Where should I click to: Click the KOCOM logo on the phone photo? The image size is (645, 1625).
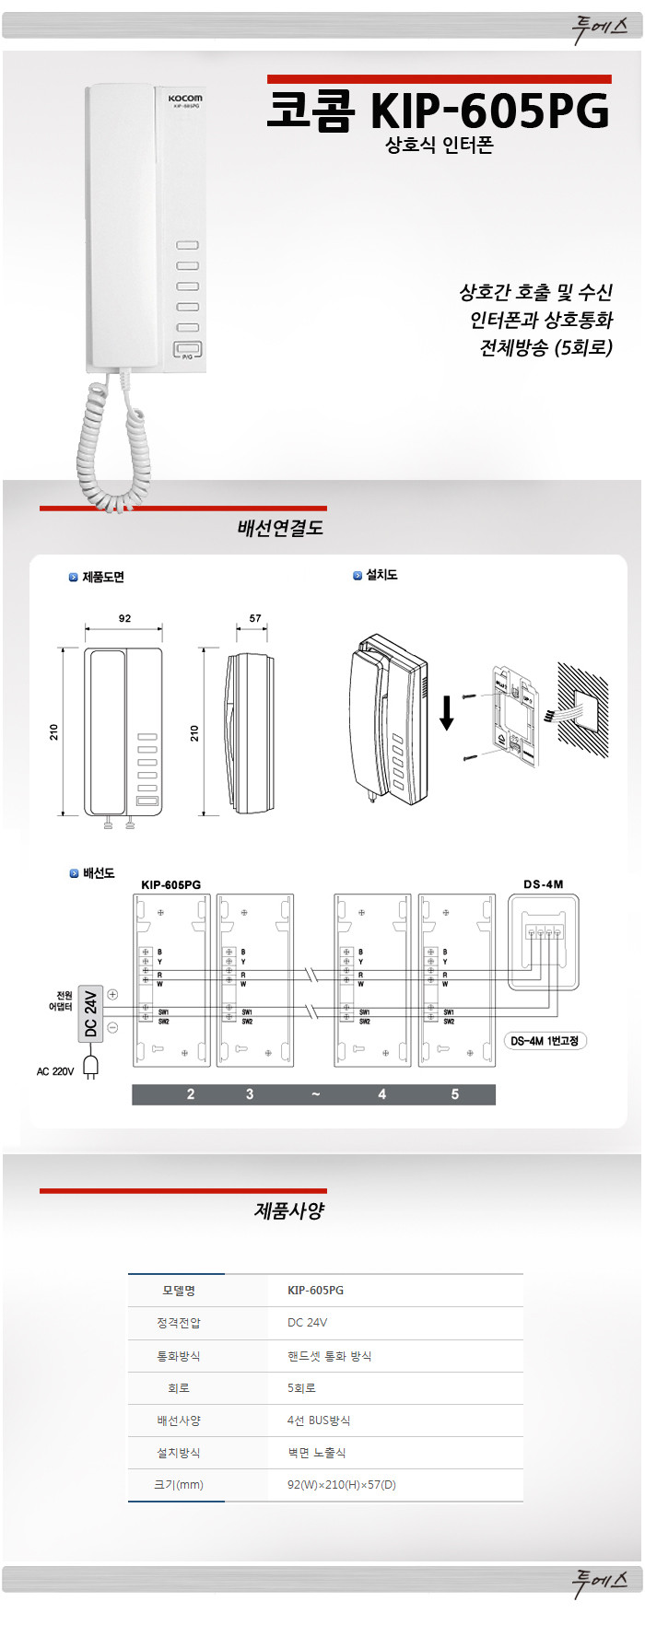pyautogui.click(x=184, y=98)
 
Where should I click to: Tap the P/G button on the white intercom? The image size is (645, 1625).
pyautogui.click(x=187, y=349)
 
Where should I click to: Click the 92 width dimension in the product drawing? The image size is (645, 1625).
pyautogui.click(x=124, y=618)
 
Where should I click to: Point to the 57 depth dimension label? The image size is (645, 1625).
pyautogui.click(x=255, y=618)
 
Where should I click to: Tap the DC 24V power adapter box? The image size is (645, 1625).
pyautogui.click(x=90, y=1013)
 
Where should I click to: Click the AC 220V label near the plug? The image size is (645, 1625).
pyautogui.click(x=55, y=1071)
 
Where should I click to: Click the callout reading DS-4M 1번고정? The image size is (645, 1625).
pyautogui.click(x=545, y=1041)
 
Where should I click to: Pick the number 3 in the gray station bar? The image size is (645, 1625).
pyautogui.click(x=250, y=1094)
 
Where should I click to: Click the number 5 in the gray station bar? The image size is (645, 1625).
pyautogui.click(x=454, y=1094)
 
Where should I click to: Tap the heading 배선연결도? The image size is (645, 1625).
pyautogui.click(x=280, y=529)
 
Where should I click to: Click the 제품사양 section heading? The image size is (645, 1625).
pyautogui.click(x=289, y=1210)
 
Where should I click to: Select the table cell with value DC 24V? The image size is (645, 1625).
pyautogui.click(x=307, y=1323)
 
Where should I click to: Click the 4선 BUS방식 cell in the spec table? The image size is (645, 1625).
pyautogui.click(x=319, y=1420)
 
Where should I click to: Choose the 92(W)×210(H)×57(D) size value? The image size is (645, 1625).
pyautogui.click(x=341, y=1485)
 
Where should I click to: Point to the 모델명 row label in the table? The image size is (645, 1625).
pyautogui.click(x=178, y=1291)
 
